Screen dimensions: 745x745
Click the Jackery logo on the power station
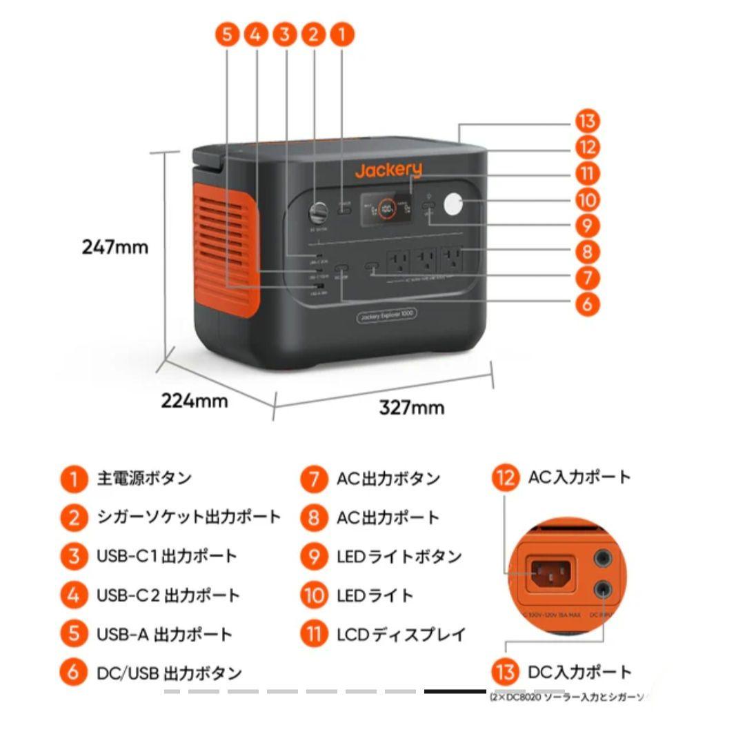pyautogui.click(x=388, y=170)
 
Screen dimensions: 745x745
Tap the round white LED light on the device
pyautogui.click(x=453, y=205)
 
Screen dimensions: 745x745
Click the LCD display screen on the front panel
pyautogui.click(x=387, y=207)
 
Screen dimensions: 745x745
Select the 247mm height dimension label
pyautogui.click(x=115, y=246)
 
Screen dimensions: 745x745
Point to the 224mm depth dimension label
pyautogui.click(x=195, y=400)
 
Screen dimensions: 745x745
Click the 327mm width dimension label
pyautogui.click(x=411, y=407)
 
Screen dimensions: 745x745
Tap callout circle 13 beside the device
pyautogui.click(x=587, y=121)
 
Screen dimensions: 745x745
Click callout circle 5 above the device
pyautogui.click(x=228, y=34)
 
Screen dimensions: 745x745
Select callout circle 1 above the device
pyautogui.click(x=341, y=34)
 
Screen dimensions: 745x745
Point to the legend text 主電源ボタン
pyautogui.click(x=144, y=478)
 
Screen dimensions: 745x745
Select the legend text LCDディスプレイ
pyautogui.click(x=401, y=634)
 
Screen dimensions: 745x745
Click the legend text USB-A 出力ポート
pyautogui.click(x=164, y=634)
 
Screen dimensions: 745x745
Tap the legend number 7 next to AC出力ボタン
pyautogui.click(x=314, y=479)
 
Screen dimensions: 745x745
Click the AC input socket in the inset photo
pyautogui.click(x=550, y=572)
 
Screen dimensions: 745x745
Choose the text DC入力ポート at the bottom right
pyautogui.click(x=579, y=672)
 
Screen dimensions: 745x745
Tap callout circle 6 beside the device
pyautogui.click(x=587, y=304)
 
